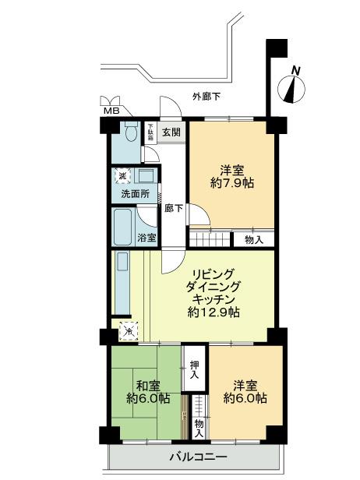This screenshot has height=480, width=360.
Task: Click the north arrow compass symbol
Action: pos(293,85)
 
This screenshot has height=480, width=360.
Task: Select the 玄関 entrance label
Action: pos(172,132)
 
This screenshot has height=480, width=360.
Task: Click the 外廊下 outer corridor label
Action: pos(206,97)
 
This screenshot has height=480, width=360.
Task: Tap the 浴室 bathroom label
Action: pos(147,236)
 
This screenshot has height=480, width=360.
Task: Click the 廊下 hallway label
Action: pos(173,208)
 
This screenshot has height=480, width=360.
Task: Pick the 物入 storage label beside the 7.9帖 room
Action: pos(253,239)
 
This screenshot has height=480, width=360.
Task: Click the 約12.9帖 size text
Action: pos(214,312)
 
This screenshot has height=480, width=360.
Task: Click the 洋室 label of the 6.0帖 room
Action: pos(244,385)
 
